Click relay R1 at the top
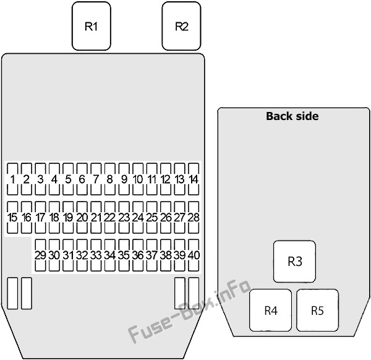coord(92,26)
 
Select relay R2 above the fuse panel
coord(181,26)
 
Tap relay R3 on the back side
coord(294,262)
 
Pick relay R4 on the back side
coord(270,311)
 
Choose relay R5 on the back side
coord(317,311)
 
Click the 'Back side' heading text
coord(292,116)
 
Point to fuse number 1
coord(12,179)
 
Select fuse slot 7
coord(96,179)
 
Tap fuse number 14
coord(194,179)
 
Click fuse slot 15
coord(12,217)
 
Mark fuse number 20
coord(82,217)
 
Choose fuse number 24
coord(138,217)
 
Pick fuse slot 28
coord(194,217)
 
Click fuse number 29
coord(40,255)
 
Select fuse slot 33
coord(96,255)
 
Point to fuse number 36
coord(138,255)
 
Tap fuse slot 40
coord(194,255)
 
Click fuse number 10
coord(138,179)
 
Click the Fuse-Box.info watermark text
coord(189,312)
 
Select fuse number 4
coord(54,179)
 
